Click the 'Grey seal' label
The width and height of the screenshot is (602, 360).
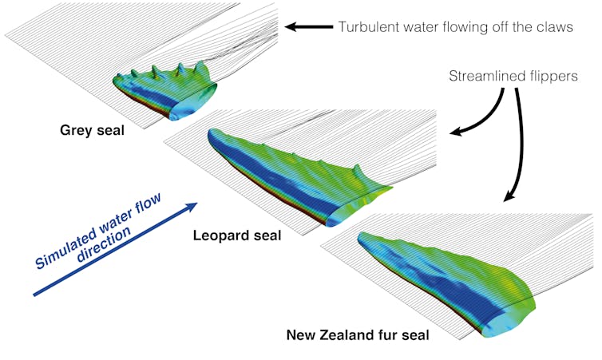pyautogui.click(x=92, y=129)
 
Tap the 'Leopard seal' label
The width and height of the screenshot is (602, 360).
pyautogui.click(x=236, y=235)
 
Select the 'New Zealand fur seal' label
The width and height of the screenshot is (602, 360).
pyautogui.click(x=358, y=335)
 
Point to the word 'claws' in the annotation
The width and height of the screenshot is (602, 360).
pyautogui.click(x=554, y=26)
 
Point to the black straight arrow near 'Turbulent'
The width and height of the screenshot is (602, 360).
pyautogui.click(x=307, y=26)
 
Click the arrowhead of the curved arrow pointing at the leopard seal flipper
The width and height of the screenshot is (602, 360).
pyautogui.click(x=454, y=133)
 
